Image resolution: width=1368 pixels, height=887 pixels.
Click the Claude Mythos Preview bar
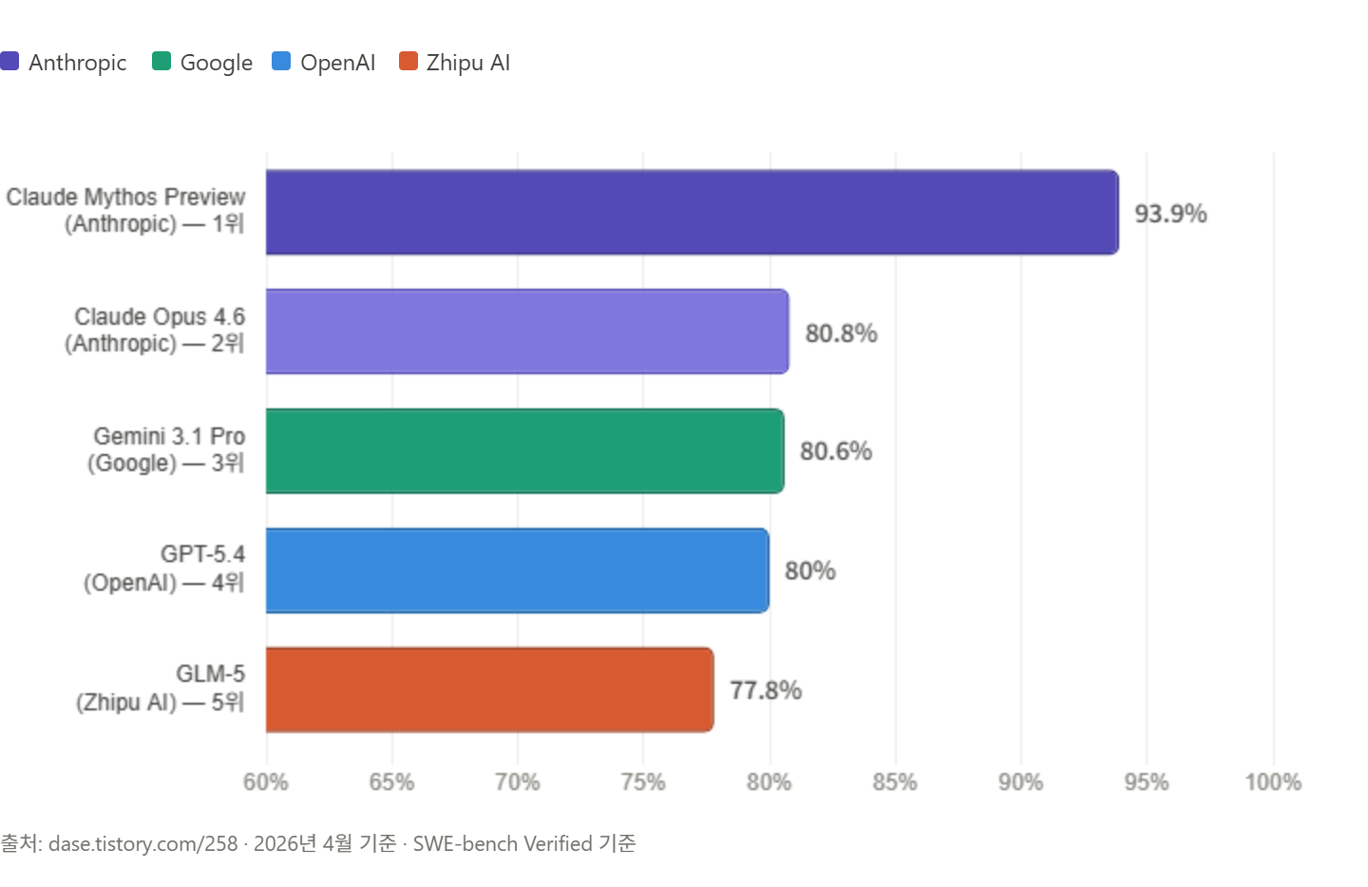pyautogui.click(x=693, y=212)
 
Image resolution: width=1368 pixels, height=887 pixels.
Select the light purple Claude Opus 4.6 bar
pyautogui.click(x=527, y=331)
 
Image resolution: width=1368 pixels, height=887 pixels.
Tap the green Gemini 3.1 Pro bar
pyautogui.click(x=525, y=451)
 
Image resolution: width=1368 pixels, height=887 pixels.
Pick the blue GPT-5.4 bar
pyautogui.click(x=518, y=570)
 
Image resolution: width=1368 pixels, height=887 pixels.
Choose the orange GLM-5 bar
pyautogui.click(x=490, y=689)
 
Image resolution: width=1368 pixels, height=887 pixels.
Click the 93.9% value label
pyautogui.click(x=1170, y=214)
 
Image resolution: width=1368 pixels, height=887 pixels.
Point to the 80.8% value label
pyautogui.click(x=842, y=333)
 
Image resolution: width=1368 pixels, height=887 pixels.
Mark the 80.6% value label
pyautogui.click(x=836, y=451)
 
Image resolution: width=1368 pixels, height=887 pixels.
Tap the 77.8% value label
pyautogui.click(x=766, y=690)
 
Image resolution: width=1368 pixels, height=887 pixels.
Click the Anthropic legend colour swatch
pyautogui.click(x=9, y=61)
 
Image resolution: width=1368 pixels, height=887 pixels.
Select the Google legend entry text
pyautogui.click(x=217, y=63)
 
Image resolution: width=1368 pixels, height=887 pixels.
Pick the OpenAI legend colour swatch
pyautogui.click(x=281, y=61)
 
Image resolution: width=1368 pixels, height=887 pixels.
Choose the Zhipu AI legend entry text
pyautogui.click(x=467, y=63)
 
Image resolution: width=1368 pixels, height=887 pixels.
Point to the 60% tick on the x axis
pyautogui.click(x=266, y=782)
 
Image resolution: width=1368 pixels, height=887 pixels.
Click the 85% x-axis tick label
pyautogui.click(x=895, y=782)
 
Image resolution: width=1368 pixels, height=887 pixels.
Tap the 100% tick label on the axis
pyautogui.click(x=1273, y=782)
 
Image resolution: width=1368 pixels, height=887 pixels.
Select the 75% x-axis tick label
pyautogui.click(x=643, y=782)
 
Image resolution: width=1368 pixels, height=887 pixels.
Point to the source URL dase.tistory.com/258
pyautogui.click(x=142, y=843)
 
